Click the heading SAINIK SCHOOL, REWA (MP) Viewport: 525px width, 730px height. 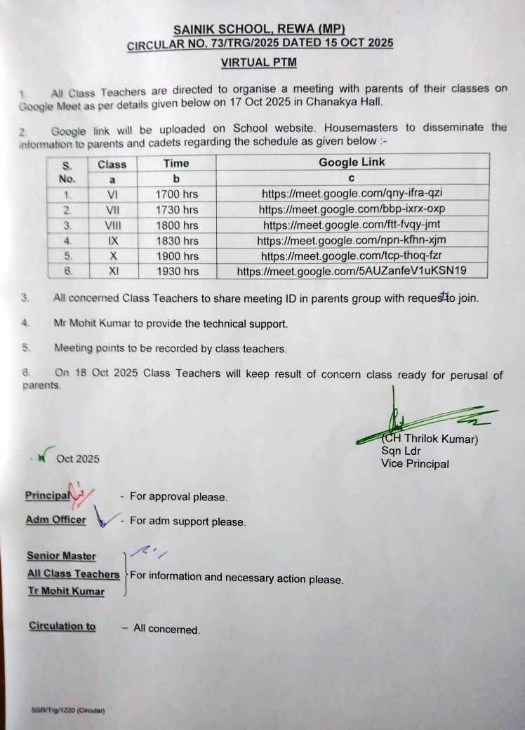[x=259, y=30]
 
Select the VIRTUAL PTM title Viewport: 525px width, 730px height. [x=259, y=62]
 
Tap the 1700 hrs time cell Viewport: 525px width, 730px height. [x=176, y=193]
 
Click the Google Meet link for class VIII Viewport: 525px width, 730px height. [x=352, y=225]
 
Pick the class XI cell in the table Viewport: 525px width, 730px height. [x=112, y=271]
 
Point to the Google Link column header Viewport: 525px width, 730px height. [x=352, y=162]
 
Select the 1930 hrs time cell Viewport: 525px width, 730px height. [x=176, y=271]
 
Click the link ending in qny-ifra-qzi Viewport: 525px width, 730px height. [x=352, y=193]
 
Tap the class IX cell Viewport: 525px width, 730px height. [x=112, y=240]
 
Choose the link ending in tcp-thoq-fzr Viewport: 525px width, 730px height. [x=352, y=255]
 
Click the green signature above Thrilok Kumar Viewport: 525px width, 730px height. [x=421, y=421]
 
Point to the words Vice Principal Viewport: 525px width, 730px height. [x=415, y=464]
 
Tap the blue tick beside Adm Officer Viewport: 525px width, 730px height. [x=104, y=520]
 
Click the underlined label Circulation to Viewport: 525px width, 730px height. [x=62, y=626]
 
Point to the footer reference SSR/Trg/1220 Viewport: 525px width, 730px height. [x=67, y=710]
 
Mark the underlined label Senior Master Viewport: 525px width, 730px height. [x=61, y=556]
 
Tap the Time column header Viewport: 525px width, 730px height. [x=176, y=163]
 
